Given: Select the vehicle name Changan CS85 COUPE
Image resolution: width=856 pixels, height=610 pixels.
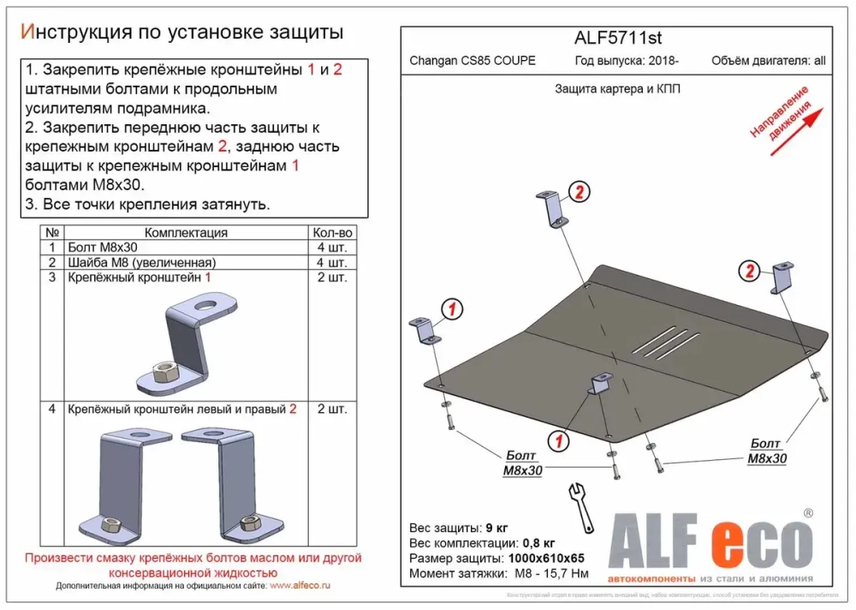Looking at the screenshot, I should pyautogui.click(x=473, y=61).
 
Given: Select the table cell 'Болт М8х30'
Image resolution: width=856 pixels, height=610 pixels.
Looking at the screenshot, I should pyautogui.click(x=101, y=248).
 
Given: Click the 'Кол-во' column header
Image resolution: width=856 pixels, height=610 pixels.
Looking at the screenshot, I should pyautogui.click(x=332, y=233).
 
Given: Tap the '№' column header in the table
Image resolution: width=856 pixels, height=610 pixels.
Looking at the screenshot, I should pyautogui.click(x=52, y=233).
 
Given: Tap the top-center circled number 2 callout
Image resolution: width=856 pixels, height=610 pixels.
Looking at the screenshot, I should pyautogui.click(x=578, y=193).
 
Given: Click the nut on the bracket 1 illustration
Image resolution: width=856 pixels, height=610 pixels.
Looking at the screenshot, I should pyautogui.click(x=163, y=371).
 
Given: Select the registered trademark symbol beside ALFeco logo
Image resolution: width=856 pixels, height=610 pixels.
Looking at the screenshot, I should pyautogui.click(x=806, y=513).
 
